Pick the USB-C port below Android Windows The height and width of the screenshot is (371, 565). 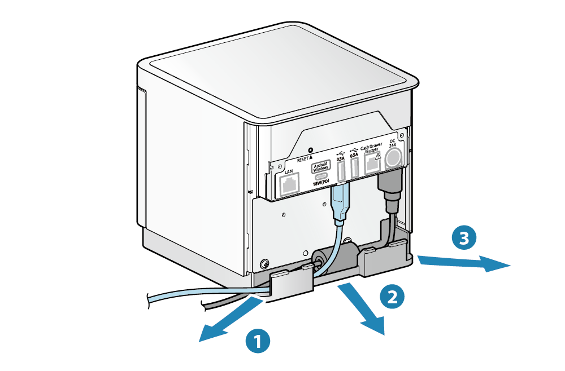(x=323, y=176)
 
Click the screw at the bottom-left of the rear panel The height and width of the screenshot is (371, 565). (x=264, y=264)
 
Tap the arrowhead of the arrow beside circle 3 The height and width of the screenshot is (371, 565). (x=497, y=263)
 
